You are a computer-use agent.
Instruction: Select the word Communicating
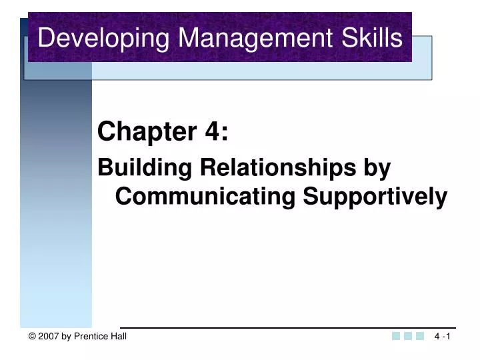pos(206,197)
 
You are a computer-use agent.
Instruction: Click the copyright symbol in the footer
pos(32,337)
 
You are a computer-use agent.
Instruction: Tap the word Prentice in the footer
pos(91,337)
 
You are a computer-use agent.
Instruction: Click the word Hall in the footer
pos(118,337)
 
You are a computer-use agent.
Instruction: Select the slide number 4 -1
pos(442,337)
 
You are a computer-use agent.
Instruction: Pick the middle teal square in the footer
pos(408,337)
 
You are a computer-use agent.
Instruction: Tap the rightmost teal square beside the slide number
pos(420,337)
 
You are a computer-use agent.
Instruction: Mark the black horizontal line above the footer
pos(287,327)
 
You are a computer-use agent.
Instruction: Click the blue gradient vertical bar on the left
pos(56,200)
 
